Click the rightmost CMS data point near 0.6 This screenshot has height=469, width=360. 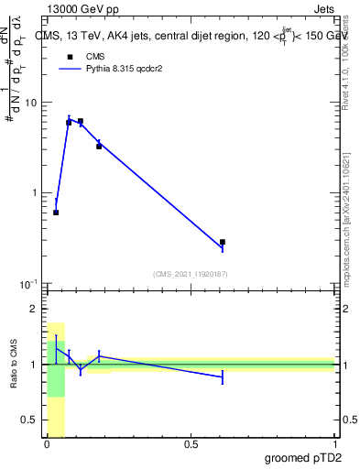point(223,242)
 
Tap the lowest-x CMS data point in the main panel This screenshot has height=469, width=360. point(56,213)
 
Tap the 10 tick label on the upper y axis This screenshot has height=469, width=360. point(29,103)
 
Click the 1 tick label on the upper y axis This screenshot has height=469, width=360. point(33,193)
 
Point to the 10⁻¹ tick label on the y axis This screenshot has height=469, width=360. point(27,283)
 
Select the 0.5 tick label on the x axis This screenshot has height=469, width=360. point(191,444)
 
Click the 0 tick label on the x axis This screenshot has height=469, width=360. point(47,444)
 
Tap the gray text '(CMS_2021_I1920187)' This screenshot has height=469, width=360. point(191,273)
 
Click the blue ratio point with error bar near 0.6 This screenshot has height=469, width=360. point(223,376)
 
